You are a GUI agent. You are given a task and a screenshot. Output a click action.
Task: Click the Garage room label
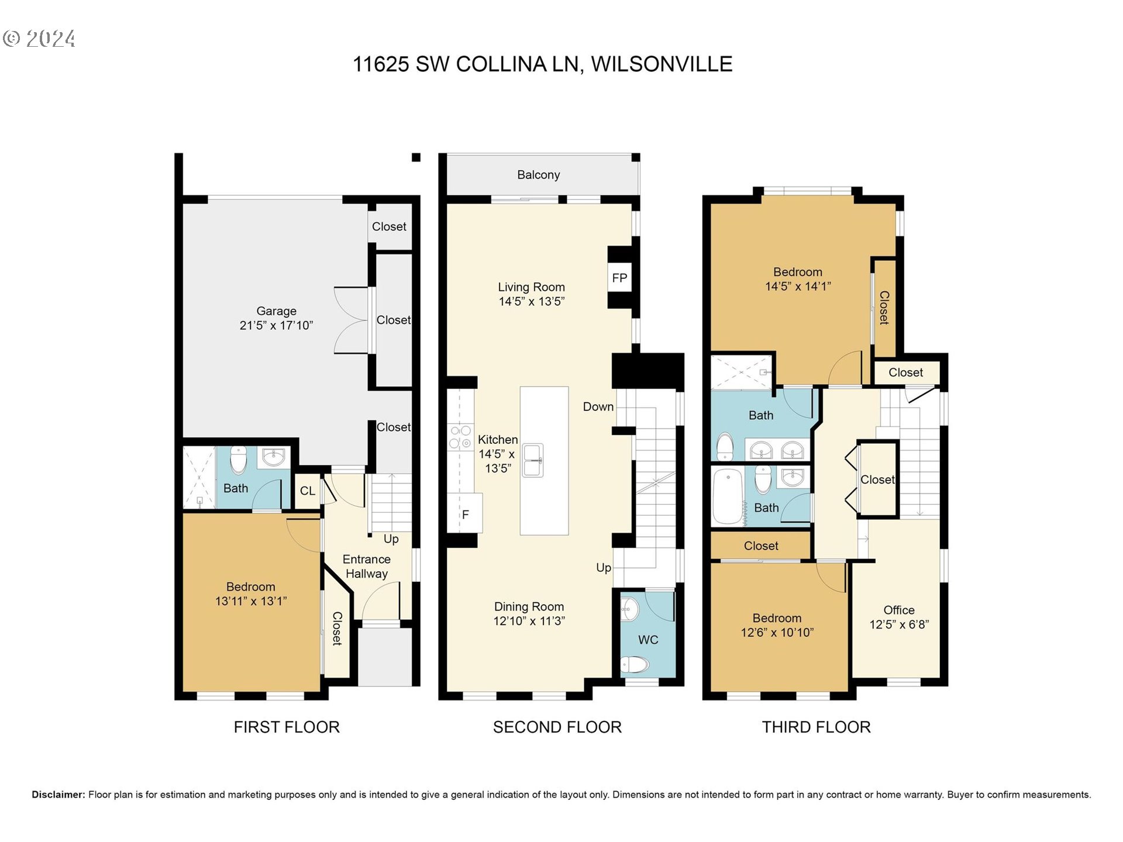276,311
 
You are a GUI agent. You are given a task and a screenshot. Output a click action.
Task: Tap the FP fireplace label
619,278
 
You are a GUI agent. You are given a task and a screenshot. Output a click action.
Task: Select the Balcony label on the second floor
538,175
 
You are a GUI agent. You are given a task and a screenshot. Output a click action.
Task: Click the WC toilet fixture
634,664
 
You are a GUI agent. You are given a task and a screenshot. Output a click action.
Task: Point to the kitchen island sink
533,460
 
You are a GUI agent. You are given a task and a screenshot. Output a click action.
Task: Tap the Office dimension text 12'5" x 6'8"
899,624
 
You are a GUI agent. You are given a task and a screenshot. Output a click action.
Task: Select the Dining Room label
529,607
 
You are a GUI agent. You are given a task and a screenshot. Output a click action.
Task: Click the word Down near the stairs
598,407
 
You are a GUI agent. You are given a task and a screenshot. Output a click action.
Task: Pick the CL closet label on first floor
308,491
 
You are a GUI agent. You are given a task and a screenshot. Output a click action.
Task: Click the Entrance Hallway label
367,567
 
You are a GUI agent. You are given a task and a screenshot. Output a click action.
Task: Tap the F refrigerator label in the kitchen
466,515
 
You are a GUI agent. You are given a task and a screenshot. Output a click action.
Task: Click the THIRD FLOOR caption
816,727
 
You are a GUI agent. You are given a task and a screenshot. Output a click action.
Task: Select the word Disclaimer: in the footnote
58,795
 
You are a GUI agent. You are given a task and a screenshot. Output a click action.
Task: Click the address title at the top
542,64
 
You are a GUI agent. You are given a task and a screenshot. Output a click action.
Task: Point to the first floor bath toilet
238,460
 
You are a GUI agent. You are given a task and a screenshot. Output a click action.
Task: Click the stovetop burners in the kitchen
460,437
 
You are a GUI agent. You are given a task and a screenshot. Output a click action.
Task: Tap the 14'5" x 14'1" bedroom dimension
798,287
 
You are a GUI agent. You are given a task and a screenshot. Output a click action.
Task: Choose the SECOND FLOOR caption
557,727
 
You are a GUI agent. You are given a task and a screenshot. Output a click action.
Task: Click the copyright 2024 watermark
39,39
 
